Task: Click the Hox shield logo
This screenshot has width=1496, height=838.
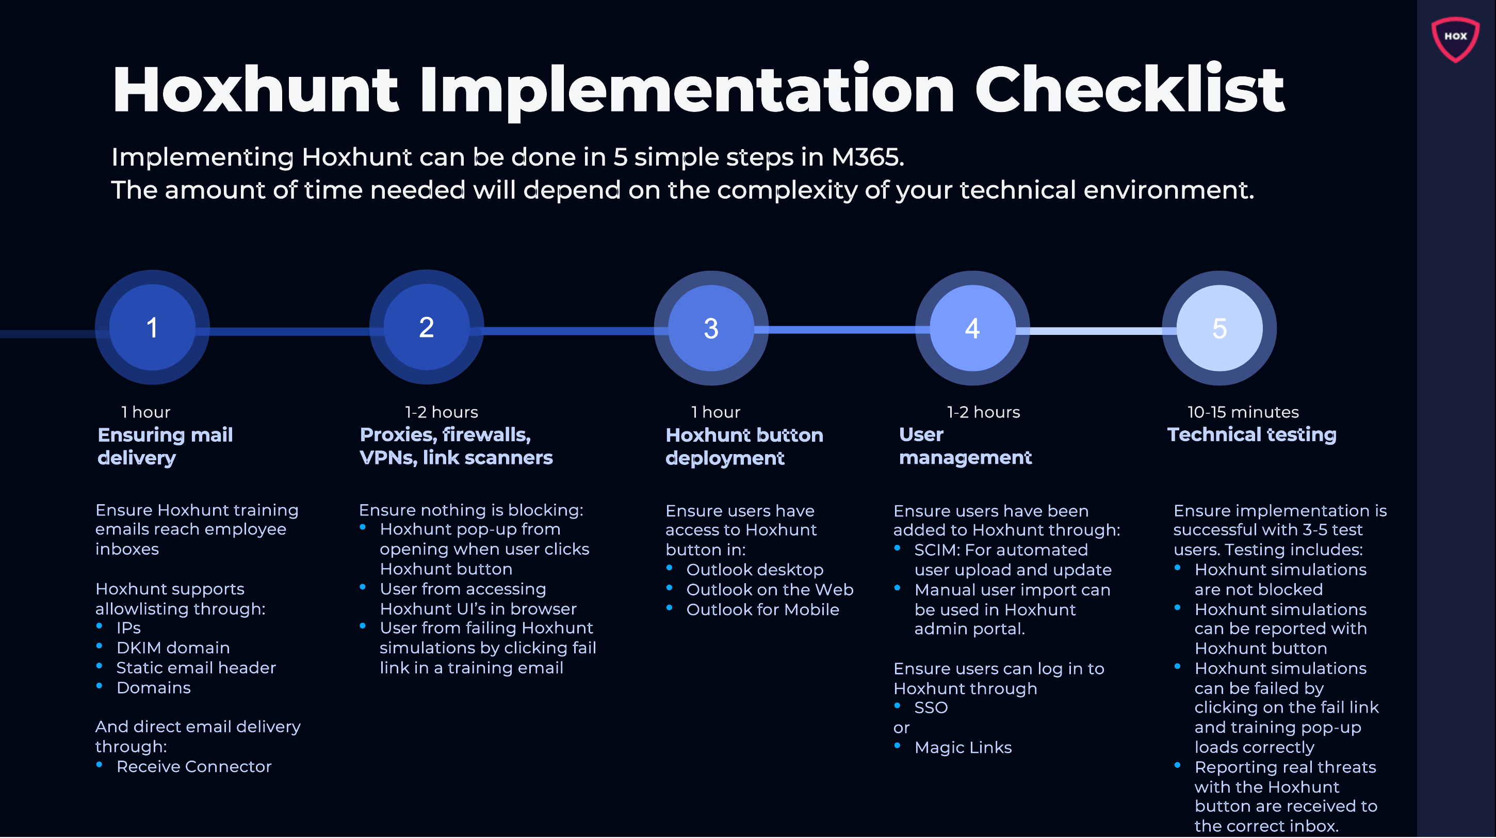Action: click(x=1455, y=38)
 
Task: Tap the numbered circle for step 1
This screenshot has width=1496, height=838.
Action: click(x=152, y=328)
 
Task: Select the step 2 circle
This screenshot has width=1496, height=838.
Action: click(x=426, y=328)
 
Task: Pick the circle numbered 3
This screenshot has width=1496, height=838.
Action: click(x=711, y=328)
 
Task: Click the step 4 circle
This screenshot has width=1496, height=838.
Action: click(x=972, y=328)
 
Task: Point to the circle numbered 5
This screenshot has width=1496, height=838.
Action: click(x=1219, y=328)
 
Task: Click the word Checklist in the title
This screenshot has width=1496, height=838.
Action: click(x=1129, y=90)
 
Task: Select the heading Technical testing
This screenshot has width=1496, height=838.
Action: click(x=1251, y=434)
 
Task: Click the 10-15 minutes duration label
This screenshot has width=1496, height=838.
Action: click(x=1243, y=412)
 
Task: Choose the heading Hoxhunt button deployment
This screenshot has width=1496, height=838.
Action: click(x=744, y=446)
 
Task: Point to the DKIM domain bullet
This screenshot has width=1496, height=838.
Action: click(x=173, y=648)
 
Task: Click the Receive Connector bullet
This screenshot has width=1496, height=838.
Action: click(x=194, y=767)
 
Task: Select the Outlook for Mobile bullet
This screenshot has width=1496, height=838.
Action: click(x=762, y=609)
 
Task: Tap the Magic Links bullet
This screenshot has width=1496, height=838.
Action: click(x=963, y=747)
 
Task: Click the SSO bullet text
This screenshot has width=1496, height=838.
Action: click(x=931, y=707)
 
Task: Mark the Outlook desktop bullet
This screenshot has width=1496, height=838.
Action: click(x=754, y=570)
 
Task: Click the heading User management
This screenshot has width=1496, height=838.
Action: click(x=965, y=446)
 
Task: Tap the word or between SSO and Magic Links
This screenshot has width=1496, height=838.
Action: click(x=901, y=728)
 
